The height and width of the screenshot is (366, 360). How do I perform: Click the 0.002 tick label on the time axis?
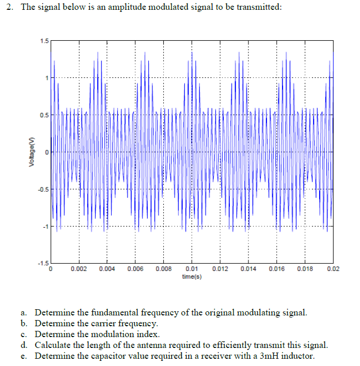coord(79,269)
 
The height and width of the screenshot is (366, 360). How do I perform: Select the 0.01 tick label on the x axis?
coord(192,269)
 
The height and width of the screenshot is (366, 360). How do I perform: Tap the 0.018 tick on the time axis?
coord(305,269)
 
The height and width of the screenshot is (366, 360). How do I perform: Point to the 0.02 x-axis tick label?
coord(333,269)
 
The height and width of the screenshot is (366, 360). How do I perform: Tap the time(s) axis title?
coord(192,277)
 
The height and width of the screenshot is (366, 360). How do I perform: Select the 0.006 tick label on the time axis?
coord(135,269)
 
